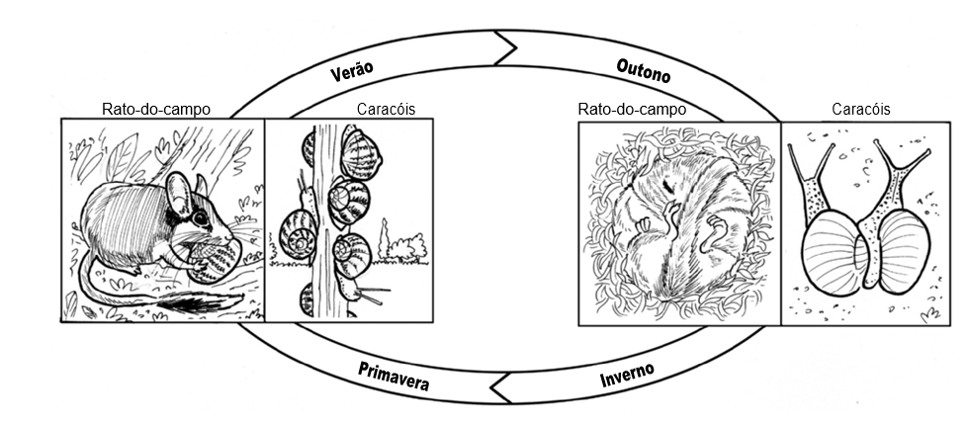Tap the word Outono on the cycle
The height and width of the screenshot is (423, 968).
tap(644, 70)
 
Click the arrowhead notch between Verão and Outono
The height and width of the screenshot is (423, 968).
tap(508, 47)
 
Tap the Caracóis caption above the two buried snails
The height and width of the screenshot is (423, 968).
tap(860, 109)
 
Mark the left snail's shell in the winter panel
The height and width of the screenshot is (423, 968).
tap(831, 251)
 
